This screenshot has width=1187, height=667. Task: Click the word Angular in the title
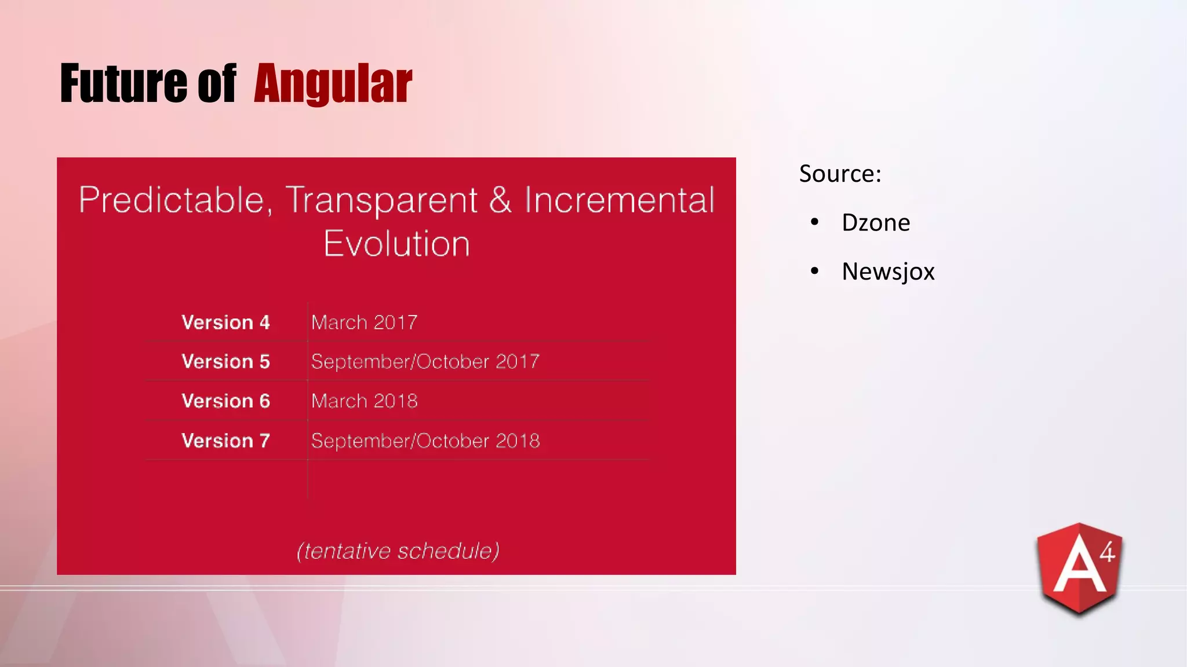click(x=333, y=85)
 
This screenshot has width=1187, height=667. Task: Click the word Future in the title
click(x=123, y=85)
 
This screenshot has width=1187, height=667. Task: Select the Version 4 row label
click(x=225, y=322)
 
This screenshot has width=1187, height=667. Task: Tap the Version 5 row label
click(x=225, y=362)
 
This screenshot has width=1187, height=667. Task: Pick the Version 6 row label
click(x=225, y=401)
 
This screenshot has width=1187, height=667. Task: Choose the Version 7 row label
click(x=225, y=441)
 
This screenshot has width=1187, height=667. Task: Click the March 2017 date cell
click(x=364, y=322)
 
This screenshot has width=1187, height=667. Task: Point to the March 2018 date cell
click(x=364, y=401)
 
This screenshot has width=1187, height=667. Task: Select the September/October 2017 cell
click(x=425, y=362)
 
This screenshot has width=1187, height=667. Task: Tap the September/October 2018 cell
click(x=425, y=441)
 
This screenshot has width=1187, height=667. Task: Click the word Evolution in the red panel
click(x=396, y=244)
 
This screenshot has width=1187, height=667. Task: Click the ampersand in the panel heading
click(x=500, y=200)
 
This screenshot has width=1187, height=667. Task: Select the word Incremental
click(x=619, y=200)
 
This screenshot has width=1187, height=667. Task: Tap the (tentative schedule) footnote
click(x=398, y=551)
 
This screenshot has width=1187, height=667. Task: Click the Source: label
click(x=840, y=174)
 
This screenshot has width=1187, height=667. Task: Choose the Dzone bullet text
click(x=875, y=223)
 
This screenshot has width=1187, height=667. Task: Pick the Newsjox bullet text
click(x=887, y=272)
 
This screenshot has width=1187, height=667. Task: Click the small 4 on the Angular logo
click(x=1107, y=552)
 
